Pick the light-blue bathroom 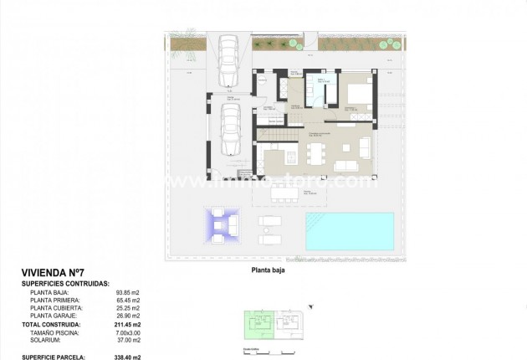click(318, 92)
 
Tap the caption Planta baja click(269, 270)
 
